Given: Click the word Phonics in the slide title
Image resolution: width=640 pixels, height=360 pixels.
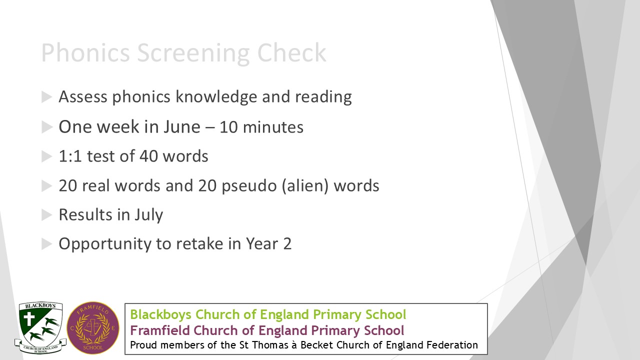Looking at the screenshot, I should [x=85, y=53].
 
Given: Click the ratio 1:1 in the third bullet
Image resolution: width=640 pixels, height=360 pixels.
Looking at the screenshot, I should [x=70, y=156].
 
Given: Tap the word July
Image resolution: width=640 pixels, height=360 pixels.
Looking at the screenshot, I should [x=148, y=215].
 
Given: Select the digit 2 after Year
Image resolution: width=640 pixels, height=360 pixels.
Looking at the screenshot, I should [x=287, y=244].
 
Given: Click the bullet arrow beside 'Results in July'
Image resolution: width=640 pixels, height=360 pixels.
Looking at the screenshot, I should [x=47, y=215].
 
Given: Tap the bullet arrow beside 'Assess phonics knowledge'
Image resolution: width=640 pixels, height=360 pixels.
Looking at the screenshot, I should [x=47, y=97].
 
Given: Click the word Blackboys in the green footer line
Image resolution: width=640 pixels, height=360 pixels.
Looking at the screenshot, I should [x=161, y=315].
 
